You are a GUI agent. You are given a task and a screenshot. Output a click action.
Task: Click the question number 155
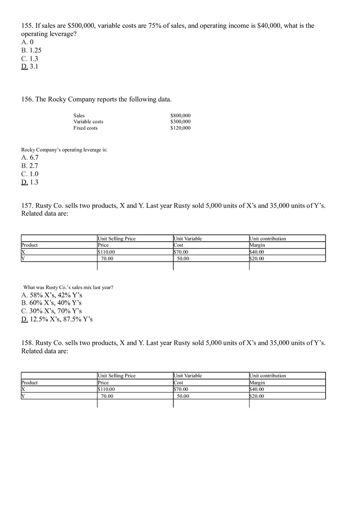(27, 26)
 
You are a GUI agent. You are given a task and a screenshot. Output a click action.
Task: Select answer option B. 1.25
(32, 50)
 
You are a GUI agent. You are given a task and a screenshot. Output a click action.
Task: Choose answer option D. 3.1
(30, 66)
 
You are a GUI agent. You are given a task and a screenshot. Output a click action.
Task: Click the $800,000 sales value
(180, 116)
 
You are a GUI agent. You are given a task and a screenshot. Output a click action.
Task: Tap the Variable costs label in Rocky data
(88, 121)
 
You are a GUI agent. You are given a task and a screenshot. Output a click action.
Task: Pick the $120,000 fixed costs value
(180, 128)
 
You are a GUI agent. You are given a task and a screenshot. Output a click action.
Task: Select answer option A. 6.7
(30, 157)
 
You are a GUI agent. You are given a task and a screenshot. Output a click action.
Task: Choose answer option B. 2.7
(30, 166)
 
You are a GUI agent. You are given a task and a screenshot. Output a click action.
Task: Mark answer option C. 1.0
(30, 174)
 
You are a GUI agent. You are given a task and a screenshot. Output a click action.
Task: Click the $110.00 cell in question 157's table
(106, 252)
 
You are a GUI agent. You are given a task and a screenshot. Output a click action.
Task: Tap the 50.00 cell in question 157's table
(183, 258)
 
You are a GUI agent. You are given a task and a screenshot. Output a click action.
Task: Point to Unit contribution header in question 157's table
(268, 238)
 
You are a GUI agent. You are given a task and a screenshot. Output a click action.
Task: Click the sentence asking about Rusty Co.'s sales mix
(68, 288)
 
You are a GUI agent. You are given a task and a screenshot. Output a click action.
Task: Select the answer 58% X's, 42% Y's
(52, 295)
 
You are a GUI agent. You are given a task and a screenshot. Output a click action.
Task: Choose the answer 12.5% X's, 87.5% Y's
(57, 319)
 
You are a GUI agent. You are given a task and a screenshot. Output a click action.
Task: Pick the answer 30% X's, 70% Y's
(52, 311)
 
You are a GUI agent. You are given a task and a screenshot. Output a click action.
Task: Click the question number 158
(27, 343)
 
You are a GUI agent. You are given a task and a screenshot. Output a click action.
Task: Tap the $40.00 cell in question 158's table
(257, 389)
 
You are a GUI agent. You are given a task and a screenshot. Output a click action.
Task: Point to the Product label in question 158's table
(29, 382)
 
